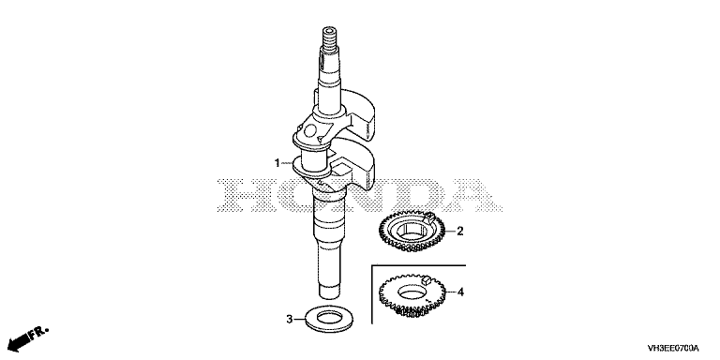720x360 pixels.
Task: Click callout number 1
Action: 277,163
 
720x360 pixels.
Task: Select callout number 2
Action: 460,231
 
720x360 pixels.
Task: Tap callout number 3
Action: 290,319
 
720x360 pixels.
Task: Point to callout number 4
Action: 460,292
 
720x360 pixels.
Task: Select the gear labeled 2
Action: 412,231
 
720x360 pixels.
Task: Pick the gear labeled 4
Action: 412,296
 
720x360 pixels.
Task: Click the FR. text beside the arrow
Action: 38,333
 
